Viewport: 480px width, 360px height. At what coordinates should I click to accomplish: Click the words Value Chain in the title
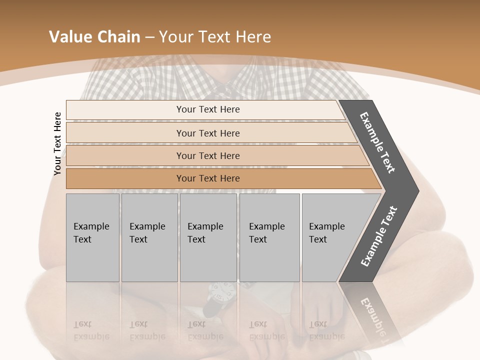tap(94, 36)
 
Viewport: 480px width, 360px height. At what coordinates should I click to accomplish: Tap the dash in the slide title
tap(149, 37)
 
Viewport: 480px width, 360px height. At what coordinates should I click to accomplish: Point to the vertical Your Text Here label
tap(57, 143)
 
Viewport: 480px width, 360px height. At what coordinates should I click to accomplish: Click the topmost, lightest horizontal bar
tap(207, 109)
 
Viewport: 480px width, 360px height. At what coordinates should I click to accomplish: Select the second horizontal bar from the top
tap(207, 133)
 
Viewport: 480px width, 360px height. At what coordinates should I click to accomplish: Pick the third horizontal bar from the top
tap(207, 155)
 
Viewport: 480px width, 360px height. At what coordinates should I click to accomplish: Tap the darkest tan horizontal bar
tap(207, 178)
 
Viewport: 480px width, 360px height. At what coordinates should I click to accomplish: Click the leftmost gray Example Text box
tap(92, 237)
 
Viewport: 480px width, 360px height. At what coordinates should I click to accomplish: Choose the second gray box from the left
tap(149, 237)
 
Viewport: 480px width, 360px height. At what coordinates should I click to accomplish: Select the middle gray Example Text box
tap(208, 237)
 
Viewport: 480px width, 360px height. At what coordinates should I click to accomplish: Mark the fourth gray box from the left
tap(269, 237)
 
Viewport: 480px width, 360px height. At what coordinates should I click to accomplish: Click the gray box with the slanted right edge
tap(332, 237)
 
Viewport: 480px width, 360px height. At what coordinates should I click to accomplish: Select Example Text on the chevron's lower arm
tap(378, 236)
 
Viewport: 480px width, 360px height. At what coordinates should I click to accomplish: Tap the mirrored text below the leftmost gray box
tap(91, 330)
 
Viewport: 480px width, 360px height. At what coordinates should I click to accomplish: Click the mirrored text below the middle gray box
tap(205, 330)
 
